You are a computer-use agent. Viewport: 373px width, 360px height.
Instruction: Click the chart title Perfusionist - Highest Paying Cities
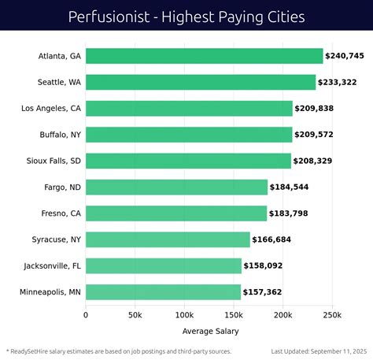pos(186,16)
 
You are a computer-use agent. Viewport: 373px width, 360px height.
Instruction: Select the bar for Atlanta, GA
pos(204,56)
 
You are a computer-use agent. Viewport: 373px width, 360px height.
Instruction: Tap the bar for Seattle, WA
pos(201,82)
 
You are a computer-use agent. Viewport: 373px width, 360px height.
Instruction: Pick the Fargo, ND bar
pos(176,187)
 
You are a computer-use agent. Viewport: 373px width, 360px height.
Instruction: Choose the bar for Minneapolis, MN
pos(163,292)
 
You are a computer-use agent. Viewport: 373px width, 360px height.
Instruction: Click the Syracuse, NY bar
pos(168,239)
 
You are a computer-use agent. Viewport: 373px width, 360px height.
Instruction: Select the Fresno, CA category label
pos(61,213)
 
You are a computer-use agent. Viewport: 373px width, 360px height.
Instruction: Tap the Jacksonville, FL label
pos(52,266)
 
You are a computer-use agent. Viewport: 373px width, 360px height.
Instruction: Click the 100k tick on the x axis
pos(184,315)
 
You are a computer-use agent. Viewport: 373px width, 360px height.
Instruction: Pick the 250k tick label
pos(331,315)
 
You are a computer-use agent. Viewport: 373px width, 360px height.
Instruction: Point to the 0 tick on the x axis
pos(86,315)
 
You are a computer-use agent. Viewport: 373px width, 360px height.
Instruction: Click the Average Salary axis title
pos(210,331)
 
